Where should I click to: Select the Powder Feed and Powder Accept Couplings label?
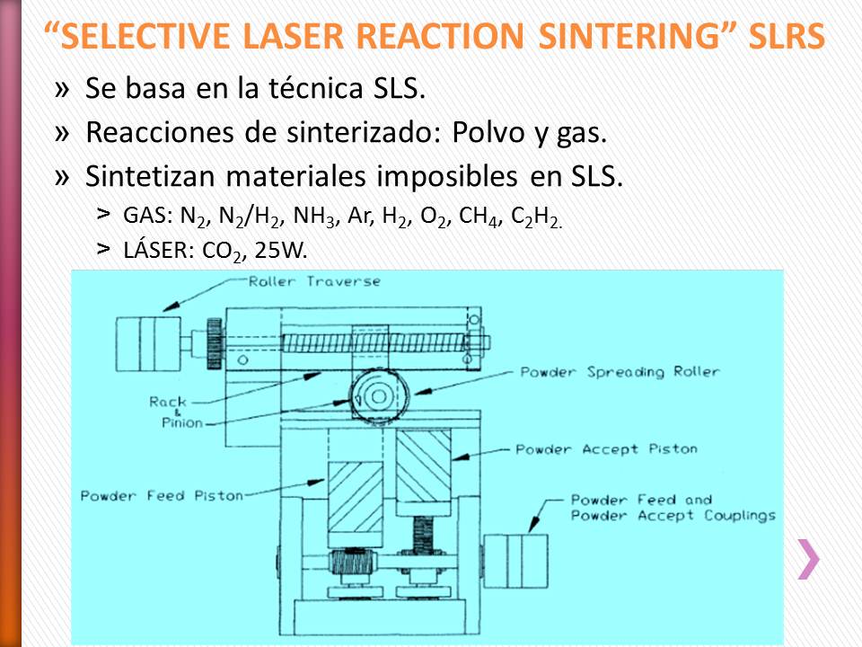tap(673, 508)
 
